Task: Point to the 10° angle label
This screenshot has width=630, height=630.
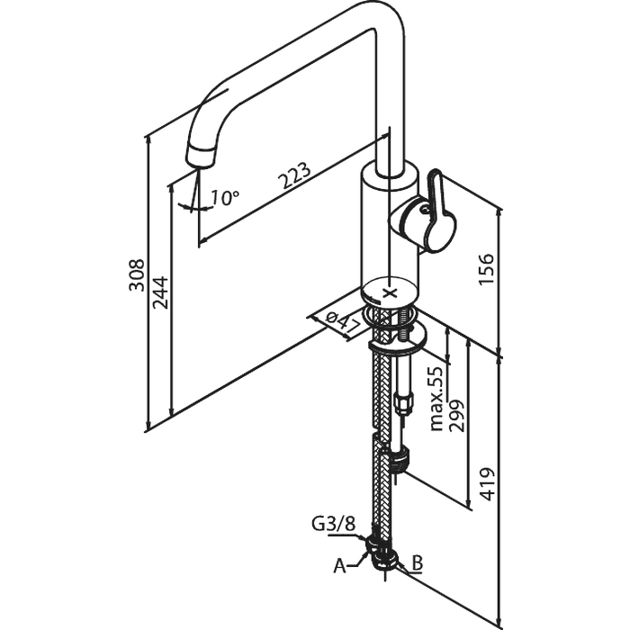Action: pos(225,197)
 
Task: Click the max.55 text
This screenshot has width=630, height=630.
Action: pos(436,397)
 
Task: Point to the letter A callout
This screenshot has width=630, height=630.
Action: pos(339,565)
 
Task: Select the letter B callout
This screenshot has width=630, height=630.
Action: pos(416,563)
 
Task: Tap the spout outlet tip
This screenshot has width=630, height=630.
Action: pos(200,159)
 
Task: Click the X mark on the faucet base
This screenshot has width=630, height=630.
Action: pos(390,293)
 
